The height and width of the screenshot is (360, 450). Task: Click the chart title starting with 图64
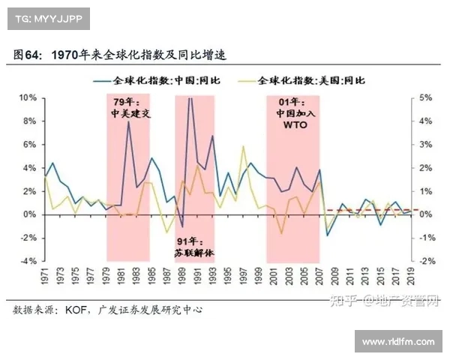120,55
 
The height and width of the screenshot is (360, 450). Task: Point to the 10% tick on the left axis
28,98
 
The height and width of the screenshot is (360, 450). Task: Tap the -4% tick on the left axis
28,261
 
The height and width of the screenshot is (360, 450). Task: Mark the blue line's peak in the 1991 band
190,98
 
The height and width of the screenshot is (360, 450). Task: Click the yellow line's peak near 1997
242,146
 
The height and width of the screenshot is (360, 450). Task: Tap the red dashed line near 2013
365,210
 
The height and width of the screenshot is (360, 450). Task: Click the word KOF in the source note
78,310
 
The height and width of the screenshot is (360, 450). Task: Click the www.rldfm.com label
398,342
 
